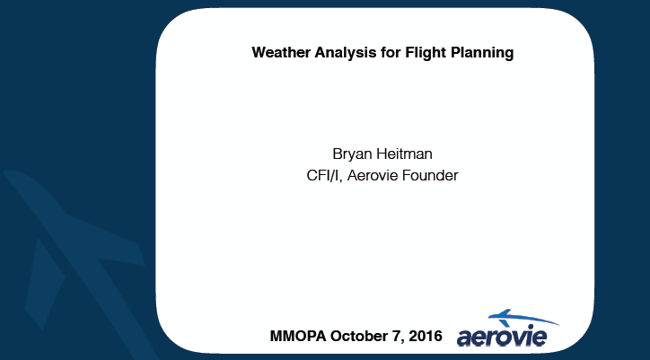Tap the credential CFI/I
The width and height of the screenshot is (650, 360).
(x=323, y=175)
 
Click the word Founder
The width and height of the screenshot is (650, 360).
(x=430, y=175)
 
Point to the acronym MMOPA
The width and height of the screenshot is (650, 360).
(x=298, y=336)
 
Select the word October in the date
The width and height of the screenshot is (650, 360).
(x=359, y=336)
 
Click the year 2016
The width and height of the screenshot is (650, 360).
(x=426, y=336)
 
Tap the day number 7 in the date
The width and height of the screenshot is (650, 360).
(x=396, y=336)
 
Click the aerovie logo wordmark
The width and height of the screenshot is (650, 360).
(x=502, y=337)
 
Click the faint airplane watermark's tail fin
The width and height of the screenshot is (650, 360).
(x=43, y=282)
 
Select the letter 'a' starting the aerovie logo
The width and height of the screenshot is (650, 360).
(x=465, y=338)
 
